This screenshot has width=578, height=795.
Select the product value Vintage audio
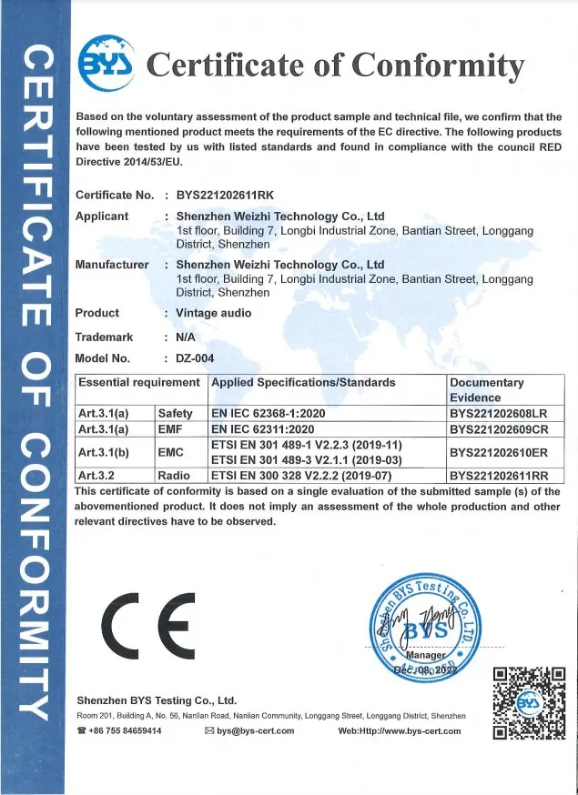coord(213,313)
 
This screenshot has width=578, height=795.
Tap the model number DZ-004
coord(195,358)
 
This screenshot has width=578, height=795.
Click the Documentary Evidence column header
coord(487,390)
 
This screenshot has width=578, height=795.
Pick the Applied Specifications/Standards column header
coord(303,383)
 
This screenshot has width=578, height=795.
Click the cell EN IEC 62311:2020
coord(262,428)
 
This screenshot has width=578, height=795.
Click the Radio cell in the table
coord(174,474)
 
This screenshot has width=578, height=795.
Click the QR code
coord(529,703)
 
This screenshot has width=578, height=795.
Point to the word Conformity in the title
coord(438,65)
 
